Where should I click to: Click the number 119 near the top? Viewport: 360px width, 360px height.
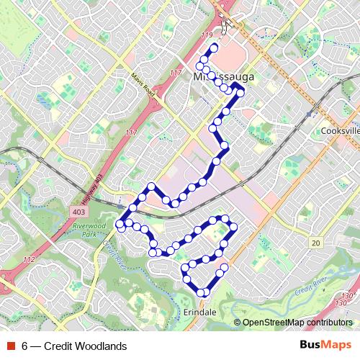tap(208, 35)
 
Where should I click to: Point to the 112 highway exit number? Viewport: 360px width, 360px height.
tap(30, 259)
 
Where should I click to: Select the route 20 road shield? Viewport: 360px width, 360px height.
tap(315, 244)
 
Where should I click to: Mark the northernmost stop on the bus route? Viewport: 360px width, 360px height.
tap(213, 48)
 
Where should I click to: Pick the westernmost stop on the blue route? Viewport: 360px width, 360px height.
tap(120, 225)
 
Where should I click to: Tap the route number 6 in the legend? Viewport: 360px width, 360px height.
tap(26, 346)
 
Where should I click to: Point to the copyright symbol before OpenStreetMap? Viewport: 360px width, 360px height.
tap(238, 323)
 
